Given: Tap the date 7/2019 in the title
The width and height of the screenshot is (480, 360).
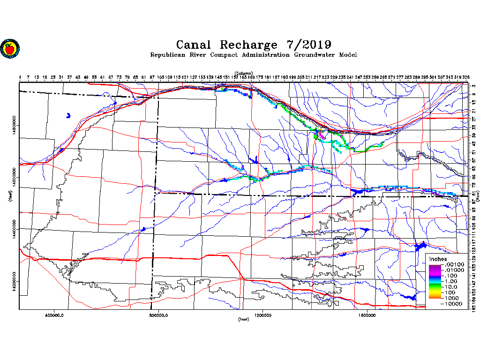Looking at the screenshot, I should tap(308, 45).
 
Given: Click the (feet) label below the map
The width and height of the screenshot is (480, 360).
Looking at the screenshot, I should tap(243, 319).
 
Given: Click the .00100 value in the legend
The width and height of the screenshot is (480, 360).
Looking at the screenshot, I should tap(454, 265).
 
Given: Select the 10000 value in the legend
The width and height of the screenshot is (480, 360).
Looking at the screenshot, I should tap(454, 304).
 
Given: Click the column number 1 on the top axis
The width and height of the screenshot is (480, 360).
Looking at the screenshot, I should tap(20, 77).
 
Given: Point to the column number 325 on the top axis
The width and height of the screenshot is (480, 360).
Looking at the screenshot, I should tap(466, 77).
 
